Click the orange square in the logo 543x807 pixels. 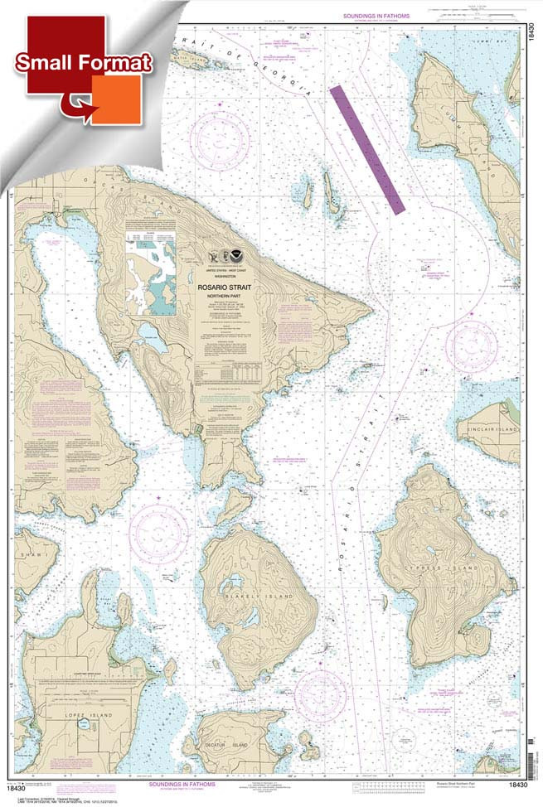pyautogui.click(x=116, y=99)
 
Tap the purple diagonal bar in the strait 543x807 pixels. pyautogui.click(x=366, y=146)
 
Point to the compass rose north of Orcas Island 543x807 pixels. pyautogui.click(x=220, y=132)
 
